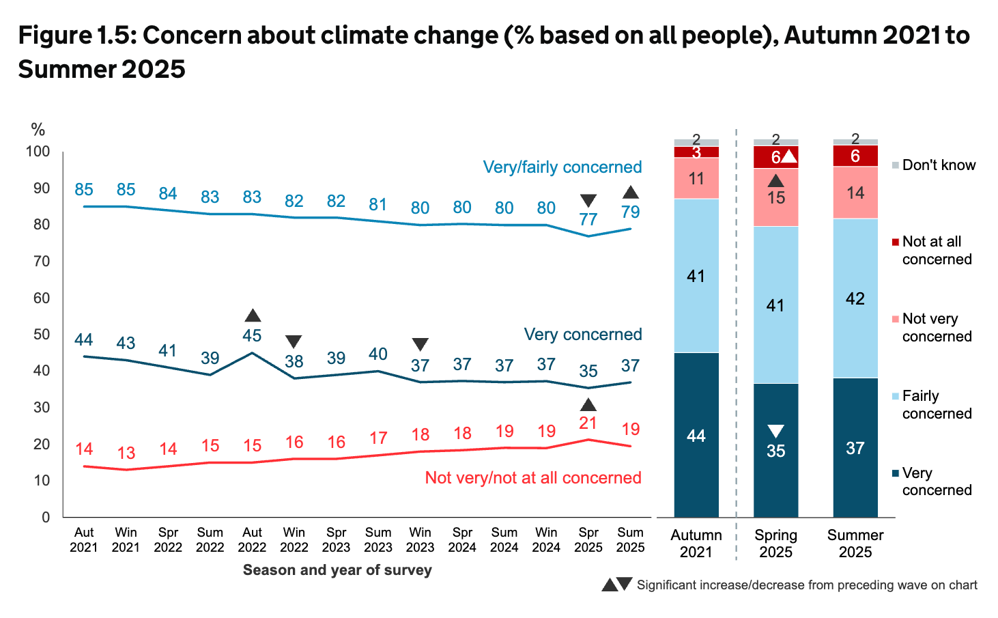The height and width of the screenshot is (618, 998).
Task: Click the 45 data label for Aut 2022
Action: (252, 335)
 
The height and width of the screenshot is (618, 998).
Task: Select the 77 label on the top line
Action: (588, 219)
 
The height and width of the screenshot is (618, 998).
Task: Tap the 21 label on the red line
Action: (588, 423)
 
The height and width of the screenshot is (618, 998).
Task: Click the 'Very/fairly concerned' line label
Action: (562, 167)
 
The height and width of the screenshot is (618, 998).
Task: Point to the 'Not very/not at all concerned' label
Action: (532, 477)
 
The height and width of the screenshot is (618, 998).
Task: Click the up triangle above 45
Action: (253, 315)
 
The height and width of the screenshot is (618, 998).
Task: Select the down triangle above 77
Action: (588, 201)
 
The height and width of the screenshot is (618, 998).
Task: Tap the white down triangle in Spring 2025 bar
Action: (775, 431)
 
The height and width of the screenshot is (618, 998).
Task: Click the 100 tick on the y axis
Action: (38, 151)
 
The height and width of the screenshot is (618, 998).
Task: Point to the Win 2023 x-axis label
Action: (420, 539)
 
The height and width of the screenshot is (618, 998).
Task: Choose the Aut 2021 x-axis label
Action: (84, 539)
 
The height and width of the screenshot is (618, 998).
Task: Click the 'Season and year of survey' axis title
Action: (337, 570)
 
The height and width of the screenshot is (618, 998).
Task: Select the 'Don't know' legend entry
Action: (938, 165)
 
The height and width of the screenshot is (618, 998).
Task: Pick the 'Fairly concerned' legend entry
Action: (936, 405)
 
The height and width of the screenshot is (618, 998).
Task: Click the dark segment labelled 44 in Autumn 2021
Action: (696, 435)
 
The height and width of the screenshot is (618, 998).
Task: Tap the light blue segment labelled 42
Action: (855, 298)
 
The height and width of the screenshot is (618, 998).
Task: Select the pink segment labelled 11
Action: (696, 178)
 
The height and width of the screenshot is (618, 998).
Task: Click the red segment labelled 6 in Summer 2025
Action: (855, 156)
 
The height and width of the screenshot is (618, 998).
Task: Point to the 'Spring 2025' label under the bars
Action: (775, 544)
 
